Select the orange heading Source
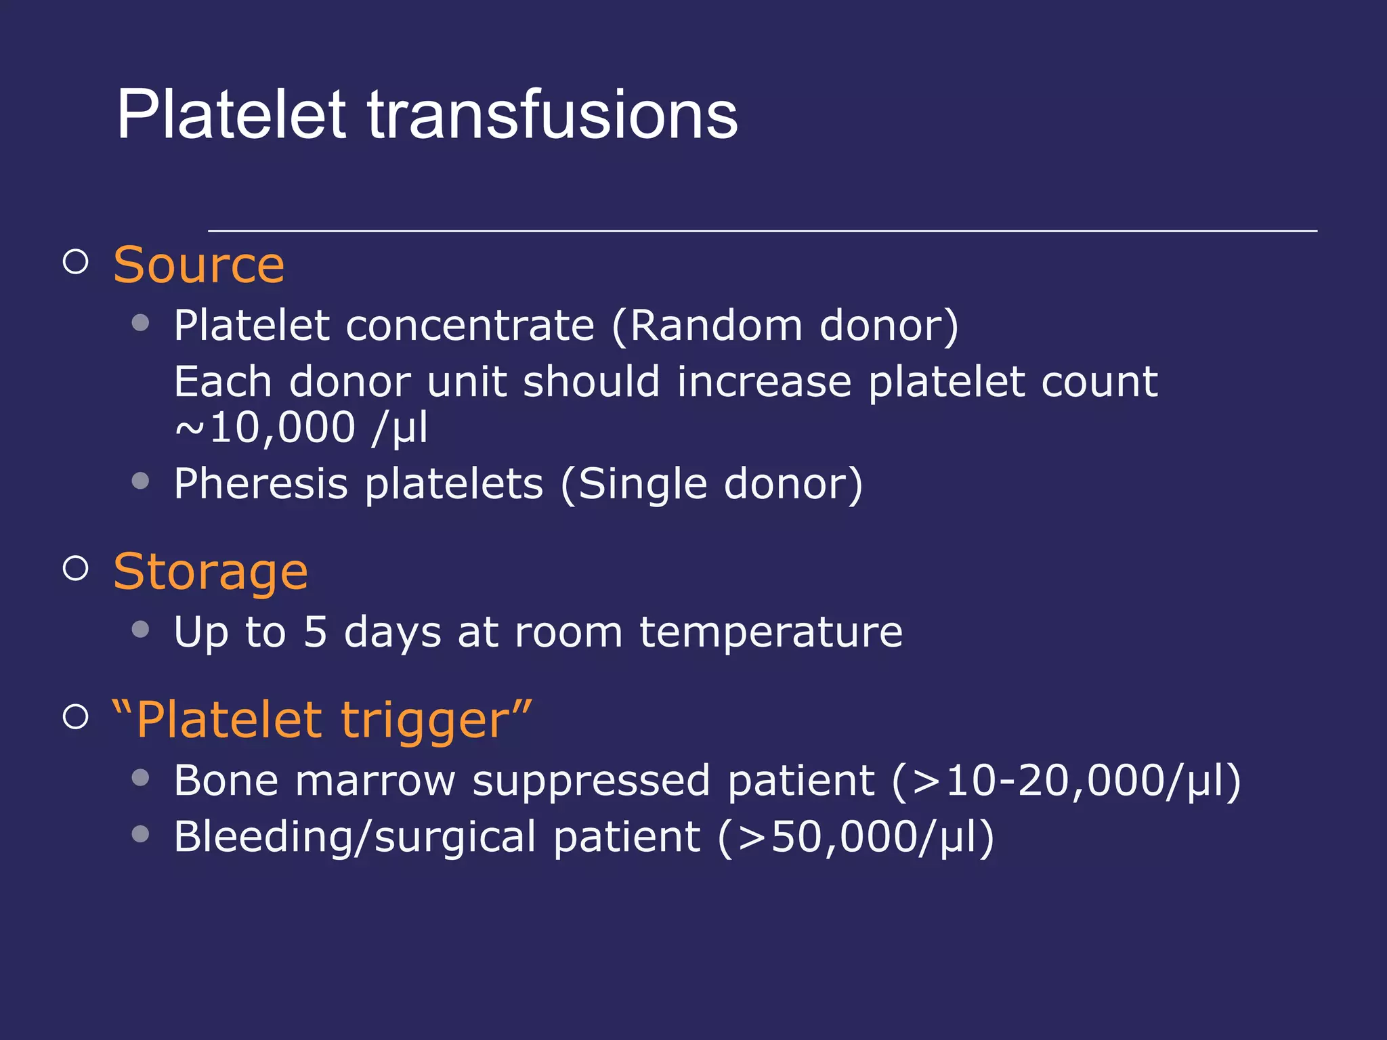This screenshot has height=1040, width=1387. (198, 265)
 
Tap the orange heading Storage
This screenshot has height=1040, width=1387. (210, 572)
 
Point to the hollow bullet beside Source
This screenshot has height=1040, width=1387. (76, 262)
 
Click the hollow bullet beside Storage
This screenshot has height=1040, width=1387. (76, 569)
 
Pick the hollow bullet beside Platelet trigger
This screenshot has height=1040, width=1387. (76, 717)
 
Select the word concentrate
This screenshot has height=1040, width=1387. (470, 326)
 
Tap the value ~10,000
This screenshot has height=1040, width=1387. (265, 428)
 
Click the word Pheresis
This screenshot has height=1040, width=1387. (261, 485)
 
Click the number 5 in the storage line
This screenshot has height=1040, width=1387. (315, 632)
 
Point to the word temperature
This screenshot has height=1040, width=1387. (771, 633)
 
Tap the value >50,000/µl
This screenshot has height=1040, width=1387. (857, 837)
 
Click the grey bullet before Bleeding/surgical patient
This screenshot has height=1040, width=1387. (140, 833)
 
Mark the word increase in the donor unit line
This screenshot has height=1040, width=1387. (764, 382)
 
